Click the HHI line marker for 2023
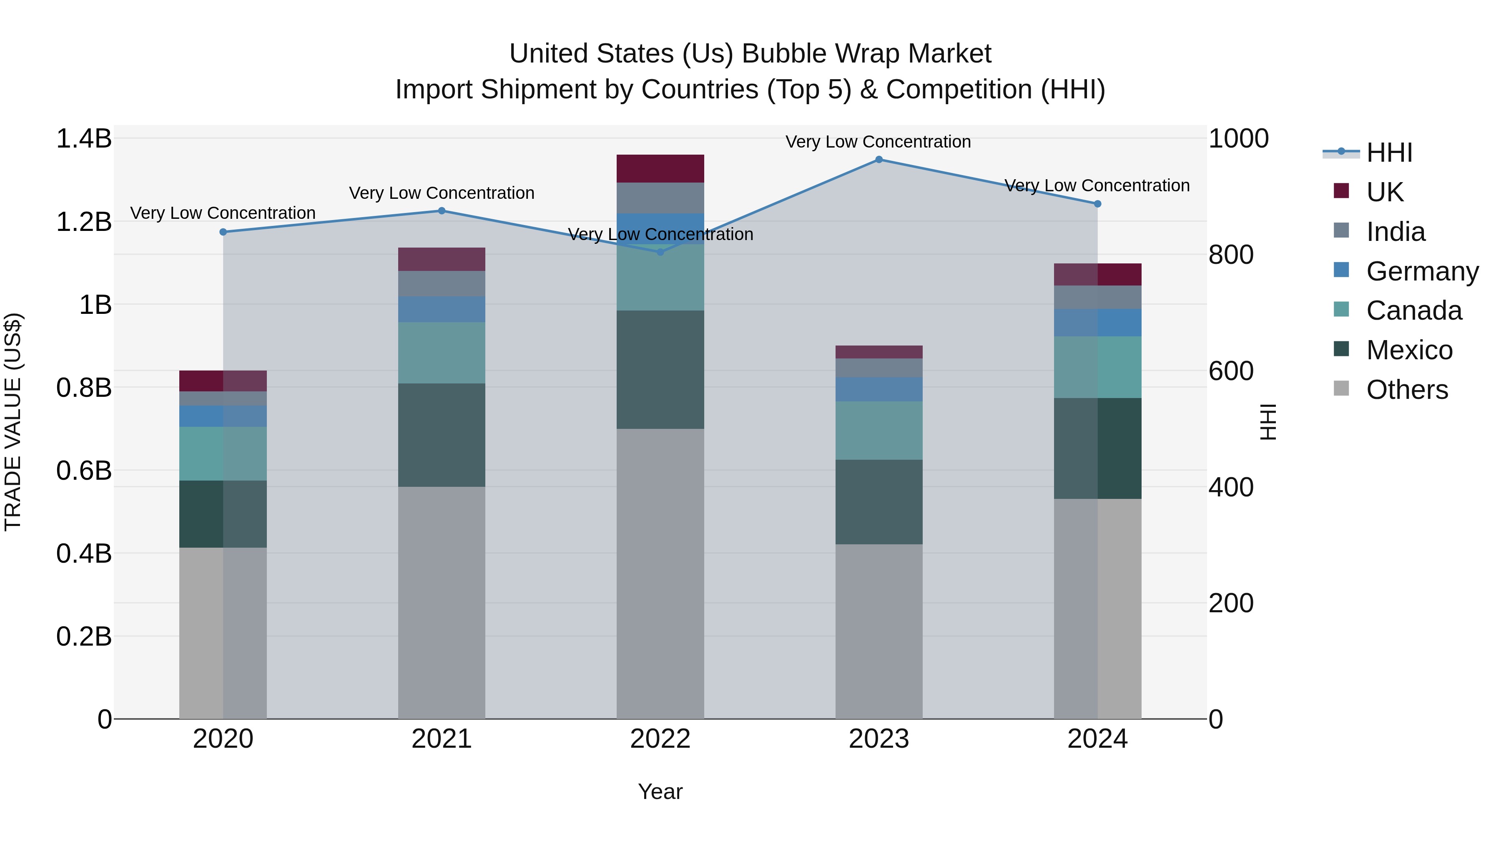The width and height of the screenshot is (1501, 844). (x=879, y=159)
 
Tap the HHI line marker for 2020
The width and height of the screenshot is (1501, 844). (x=223, y=232)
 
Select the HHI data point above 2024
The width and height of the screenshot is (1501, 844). (x=1097, y=204)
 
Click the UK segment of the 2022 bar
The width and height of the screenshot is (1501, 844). (x=660, y=168)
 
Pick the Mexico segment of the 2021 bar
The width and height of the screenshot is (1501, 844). (x=442, y=435)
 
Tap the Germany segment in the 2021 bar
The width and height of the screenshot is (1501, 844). (x=442, y=309)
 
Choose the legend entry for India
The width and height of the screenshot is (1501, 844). (x=1395, y=231)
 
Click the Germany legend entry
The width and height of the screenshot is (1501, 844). (x=1422, y=271)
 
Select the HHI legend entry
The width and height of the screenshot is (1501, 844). (x=1388, y=153)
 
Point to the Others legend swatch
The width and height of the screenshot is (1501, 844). (x=1341, y=388)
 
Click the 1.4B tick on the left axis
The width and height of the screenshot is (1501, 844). (x=83, y=139)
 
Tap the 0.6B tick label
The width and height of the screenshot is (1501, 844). (x=83, y=471)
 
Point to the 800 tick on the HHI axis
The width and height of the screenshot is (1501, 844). (x=1231, y=255)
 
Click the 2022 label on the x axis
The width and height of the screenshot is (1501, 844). (x=660, y=739)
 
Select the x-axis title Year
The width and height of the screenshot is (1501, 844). (x=660, y=791)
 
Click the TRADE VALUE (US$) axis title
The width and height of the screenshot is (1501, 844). (x=13, y=422)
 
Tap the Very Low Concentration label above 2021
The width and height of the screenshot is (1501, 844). (x=442, y=193)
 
